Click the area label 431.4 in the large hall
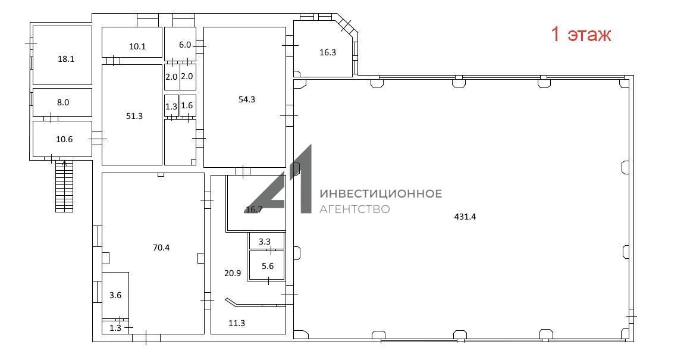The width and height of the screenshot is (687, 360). coord(465,216)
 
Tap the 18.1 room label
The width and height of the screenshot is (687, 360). coord(66,59)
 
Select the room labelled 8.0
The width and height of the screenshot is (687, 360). coord(63,102)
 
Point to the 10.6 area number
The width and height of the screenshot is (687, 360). coord(64,139)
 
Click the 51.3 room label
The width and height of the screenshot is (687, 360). coord(134,116)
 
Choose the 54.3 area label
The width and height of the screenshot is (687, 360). coord(247,99)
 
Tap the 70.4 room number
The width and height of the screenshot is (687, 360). coord(161,248)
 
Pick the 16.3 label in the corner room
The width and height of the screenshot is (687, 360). coord(328,52)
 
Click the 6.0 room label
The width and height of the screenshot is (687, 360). coord(185,45)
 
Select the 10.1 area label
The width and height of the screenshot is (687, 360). coord(137,46)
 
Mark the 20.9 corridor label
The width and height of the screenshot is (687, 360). coord(233,273)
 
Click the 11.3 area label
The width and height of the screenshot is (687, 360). coord(237,323)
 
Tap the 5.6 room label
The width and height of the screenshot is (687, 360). coord(267,266)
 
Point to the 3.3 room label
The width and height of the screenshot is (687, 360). coord(265,242)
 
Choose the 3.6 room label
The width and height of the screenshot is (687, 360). coord(115,295)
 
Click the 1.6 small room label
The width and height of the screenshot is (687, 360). coord(187,105)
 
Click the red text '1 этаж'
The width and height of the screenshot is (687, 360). coord(581,34)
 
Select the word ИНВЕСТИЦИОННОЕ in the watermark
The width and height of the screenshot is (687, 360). coord(381,193)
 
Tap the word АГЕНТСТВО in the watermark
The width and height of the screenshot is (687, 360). coord(355,209)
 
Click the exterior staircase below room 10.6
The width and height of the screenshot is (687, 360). coord(64,186)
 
